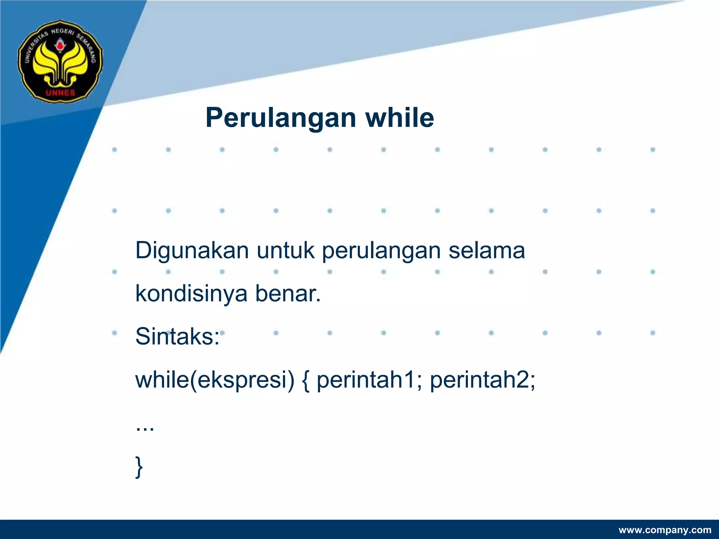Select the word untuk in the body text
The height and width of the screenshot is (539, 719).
tap(285, 251)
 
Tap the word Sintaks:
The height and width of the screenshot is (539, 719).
tap(177, 337)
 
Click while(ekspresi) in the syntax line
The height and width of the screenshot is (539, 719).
tap(215, 380)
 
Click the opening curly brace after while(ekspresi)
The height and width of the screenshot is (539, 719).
tap(305, 381)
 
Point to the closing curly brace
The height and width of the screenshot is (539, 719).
tap(139, 467)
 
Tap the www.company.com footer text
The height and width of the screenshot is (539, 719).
tap(665, 530)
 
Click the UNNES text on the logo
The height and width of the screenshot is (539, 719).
tap(60, 93)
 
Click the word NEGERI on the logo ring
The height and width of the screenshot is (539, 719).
tap(62, 32)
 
